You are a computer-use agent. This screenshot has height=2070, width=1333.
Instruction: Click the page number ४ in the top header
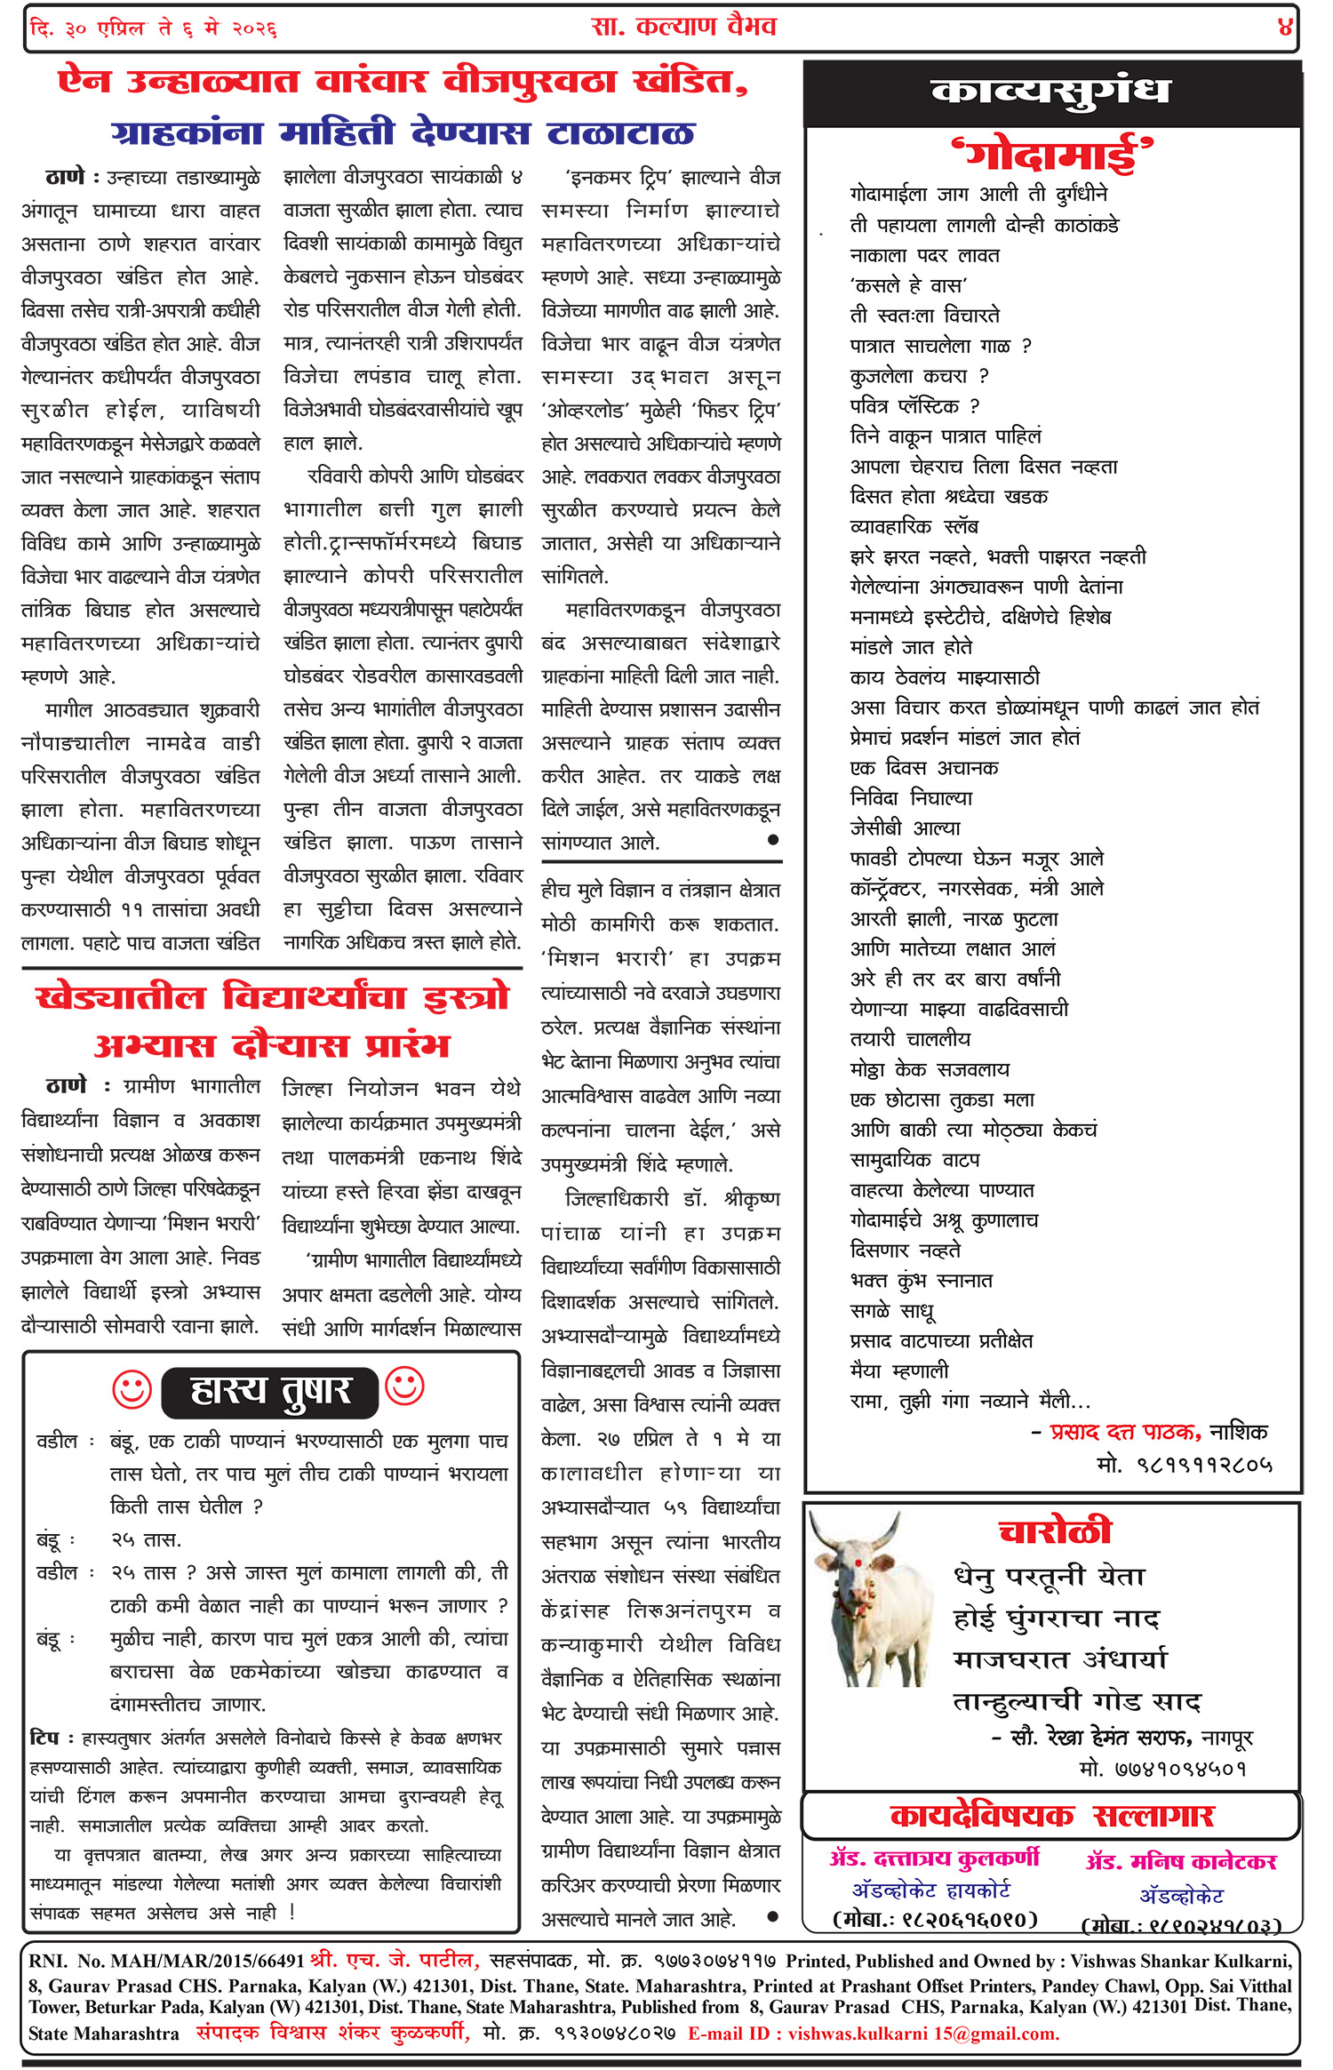[x=1284, y=28]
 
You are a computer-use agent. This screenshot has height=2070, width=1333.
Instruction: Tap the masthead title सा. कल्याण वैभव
[x=683, y=27]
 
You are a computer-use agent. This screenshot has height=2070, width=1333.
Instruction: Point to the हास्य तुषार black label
[x=270, y=1392]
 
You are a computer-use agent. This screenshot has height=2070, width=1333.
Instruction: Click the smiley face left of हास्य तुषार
[x=132, y=1389]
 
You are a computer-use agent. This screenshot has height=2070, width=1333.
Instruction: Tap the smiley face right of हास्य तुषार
[x=404, y=1387]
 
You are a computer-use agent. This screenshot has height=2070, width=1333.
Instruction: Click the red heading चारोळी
[x=1055, y=1531]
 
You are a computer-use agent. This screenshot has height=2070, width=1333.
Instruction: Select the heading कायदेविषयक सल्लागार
[x=1051, y=1815]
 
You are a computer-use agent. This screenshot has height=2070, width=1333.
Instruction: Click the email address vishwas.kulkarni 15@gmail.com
[x=923, y=2034]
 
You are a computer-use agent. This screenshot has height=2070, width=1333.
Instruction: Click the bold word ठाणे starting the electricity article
[x=65, y=177]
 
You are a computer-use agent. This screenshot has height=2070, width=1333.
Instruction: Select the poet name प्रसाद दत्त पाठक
[x=1125, y=1432]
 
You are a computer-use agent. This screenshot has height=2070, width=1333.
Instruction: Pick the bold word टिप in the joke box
[x=44, y=1738]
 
